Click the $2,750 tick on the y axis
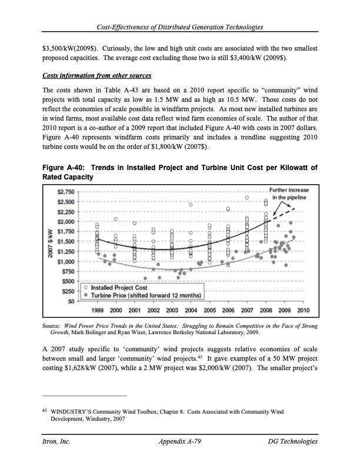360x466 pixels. [x=65, y=191]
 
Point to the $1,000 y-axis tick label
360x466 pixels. [x=65, y=261]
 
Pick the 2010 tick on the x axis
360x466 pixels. [x=304, y=309]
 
